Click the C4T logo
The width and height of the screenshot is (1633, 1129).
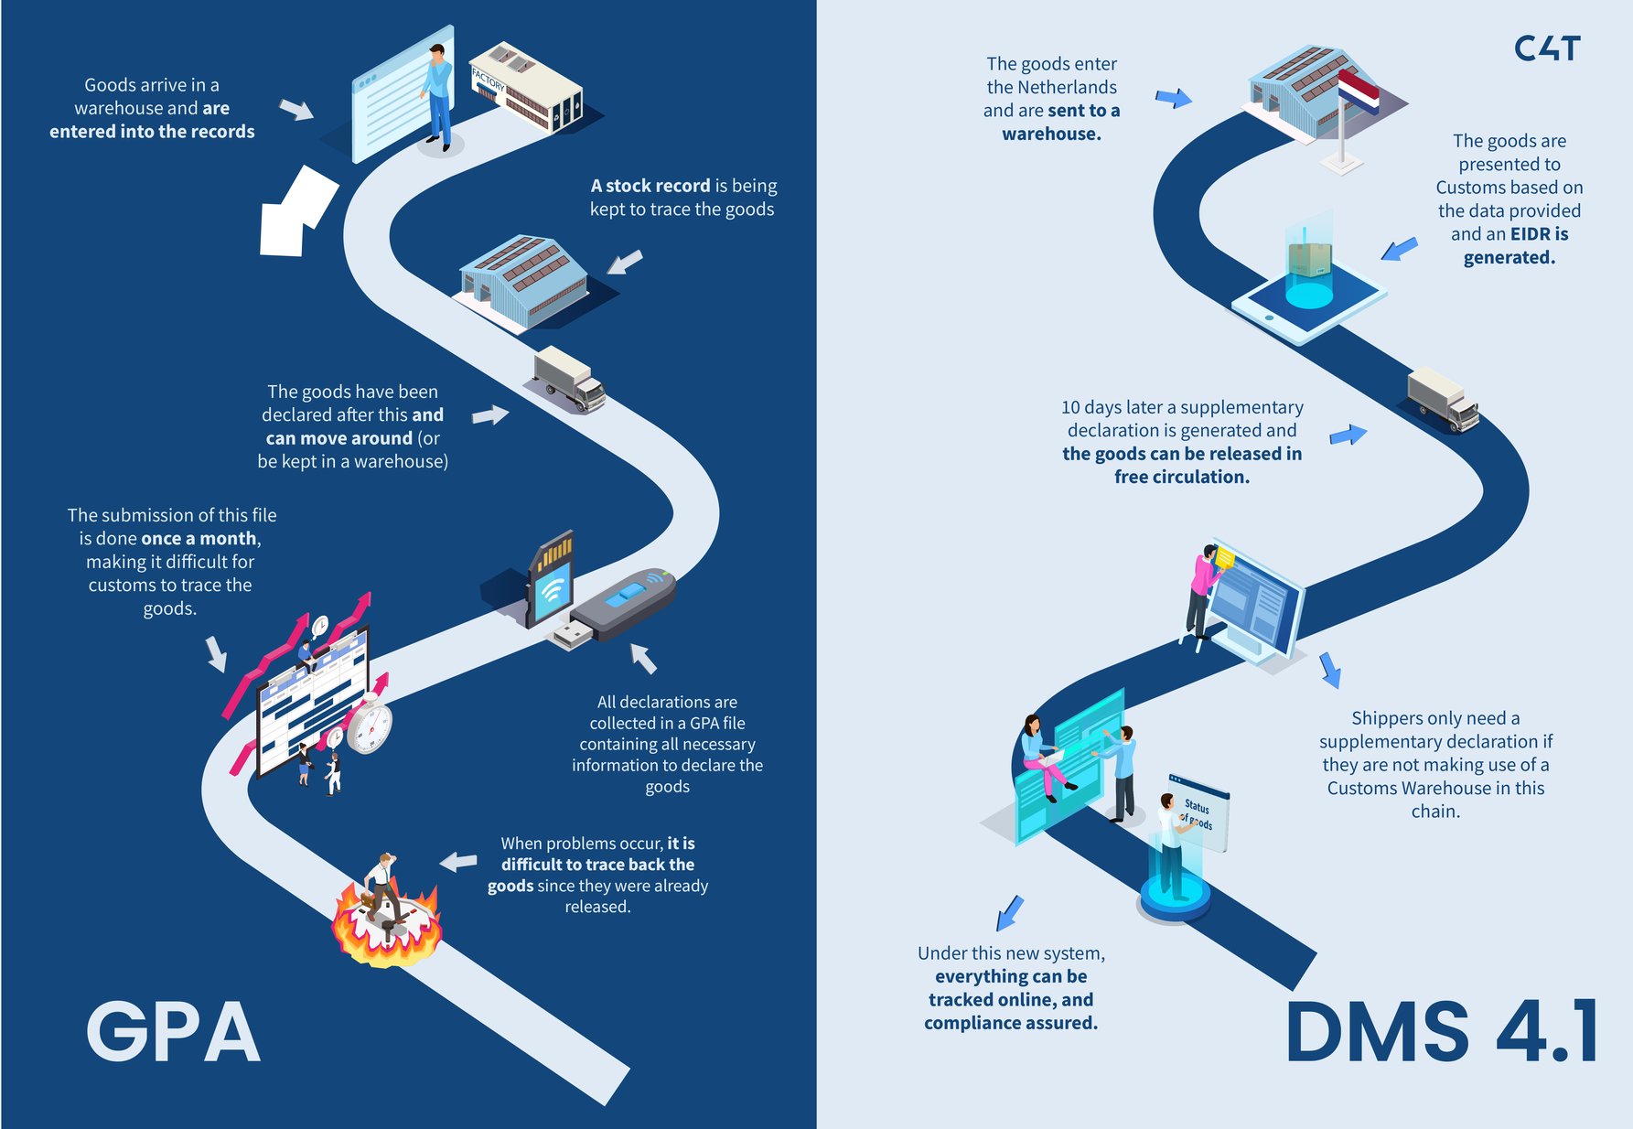pos(1547,48)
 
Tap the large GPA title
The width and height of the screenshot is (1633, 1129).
pos(174,1032)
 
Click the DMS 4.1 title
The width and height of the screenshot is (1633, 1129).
pos(1442,1032)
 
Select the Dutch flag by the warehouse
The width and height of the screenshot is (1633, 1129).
pos(1359,92)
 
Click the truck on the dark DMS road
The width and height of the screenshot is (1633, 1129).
pos(1443,399)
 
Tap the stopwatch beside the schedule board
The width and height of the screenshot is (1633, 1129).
pos(370,725)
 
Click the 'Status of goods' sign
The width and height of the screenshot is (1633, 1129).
pos(1198,813)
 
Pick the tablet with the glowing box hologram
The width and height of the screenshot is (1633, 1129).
pos(1308,293)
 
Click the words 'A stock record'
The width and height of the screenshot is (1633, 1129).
pos(650,186)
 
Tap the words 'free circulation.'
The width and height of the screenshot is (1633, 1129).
pos(1181,477)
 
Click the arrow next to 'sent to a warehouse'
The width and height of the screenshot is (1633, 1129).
pos(1174,97)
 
